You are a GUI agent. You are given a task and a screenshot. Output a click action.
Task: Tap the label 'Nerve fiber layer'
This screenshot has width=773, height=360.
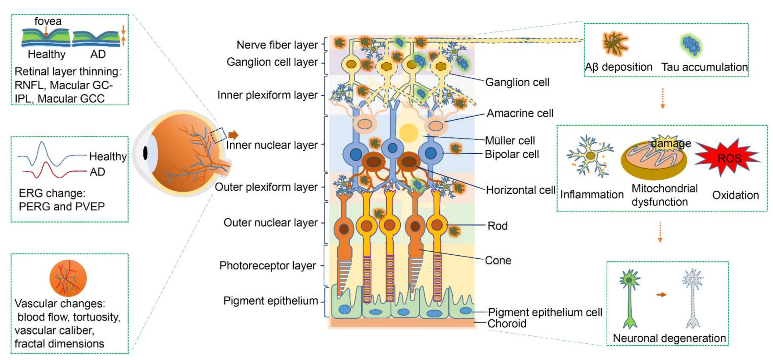tap(277, 45)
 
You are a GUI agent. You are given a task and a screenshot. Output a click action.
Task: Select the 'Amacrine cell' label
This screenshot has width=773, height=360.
tap(520, 113)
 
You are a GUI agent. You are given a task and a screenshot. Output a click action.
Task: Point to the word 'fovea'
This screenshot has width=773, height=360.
tap(48, 21)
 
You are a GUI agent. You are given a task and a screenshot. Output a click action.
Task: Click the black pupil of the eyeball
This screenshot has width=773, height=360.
tap(145, 153)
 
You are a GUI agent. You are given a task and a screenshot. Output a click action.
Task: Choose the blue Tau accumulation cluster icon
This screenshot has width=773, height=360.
tap(691, 45)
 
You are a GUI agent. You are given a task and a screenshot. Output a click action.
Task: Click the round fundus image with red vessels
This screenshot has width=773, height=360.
tap(68, 278)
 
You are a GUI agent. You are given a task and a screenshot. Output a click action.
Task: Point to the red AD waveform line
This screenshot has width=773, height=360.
tap(52, 170)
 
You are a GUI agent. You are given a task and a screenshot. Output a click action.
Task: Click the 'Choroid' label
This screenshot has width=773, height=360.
tap(506, 324)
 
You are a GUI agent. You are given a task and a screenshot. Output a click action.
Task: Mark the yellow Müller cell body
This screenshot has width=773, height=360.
tap(408, 132)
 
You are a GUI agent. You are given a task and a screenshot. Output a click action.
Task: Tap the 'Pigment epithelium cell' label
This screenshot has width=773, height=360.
tap(545, 312)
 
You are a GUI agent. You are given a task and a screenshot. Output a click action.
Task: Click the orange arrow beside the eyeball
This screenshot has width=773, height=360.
tap(234, 135)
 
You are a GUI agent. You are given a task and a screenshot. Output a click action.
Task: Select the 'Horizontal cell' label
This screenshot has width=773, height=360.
tap(520, 190)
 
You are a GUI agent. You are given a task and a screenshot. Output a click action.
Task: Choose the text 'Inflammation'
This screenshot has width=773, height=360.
tap(591, 194)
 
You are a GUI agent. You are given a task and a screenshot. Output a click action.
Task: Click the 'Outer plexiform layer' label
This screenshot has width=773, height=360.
tap(266, 187)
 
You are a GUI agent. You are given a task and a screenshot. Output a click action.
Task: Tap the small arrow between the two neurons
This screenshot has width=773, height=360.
tap(661, 295)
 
